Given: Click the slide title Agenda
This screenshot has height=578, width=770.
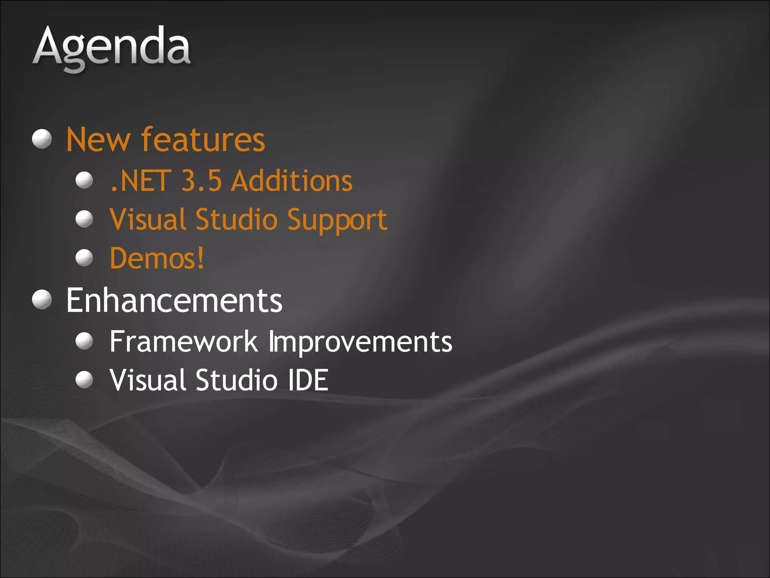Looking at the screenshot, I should pos(112,48).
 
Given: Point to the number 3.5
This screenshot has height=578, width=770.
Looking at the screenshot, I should pos(201,181).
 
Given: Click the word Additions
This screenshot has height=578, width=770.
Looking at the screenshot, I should pos(292,181).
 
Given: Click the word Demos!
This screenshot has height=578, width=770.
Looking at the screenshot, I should pos(157,258).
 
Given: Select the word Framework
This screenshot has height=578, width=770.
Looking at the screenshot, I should pos(183,341).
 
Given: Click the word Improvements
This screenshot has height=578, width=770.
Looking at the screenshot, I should pos(360,342).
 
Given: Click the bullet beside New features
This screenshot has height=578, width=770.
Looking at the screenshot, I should pos(42,139).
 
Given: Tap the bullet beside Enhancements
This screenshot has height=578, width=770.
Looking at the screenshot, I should pos(42,300).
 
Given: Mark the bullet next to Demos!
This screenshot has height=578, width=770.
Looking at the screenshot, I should pos(84,258).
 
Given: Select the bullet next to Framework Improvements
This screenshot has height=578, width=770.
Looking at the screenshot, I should pos(84,341).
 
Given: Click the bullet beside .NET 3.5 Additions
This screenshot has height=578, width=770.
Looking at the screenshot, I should pos(84,180).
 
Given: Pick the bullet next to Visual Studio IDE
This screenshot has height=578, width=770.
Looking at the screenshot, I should pos(84,379).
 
